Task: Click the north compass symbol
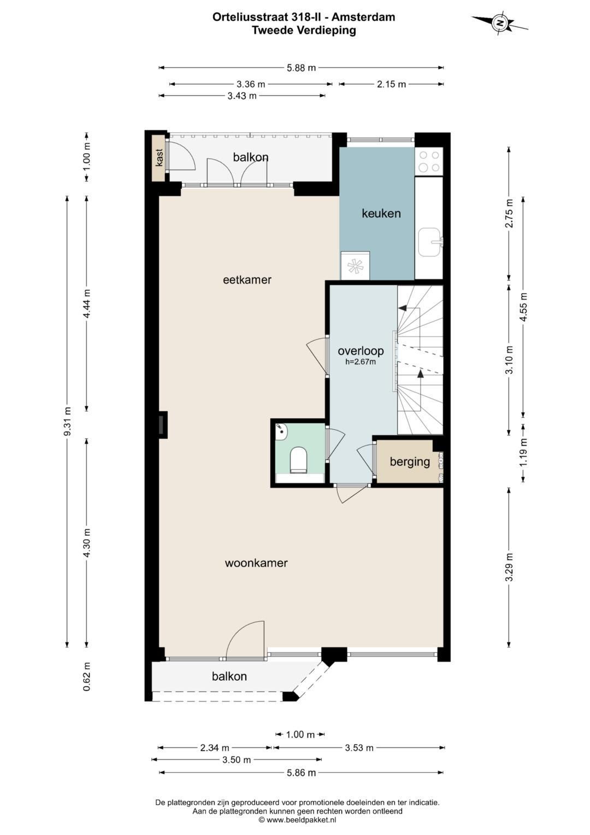(x=499, y=23)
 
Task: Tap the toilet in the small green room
(x=298, y=459)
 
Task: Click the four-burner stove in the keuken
(x=429, y=161)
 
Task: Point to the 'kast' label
(x=160, y=157)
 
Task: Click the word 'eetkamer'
(x=247, y=279)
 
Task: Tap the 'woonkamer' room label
(x=256, y=563)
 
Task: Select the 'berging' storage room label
(x=410, y=462)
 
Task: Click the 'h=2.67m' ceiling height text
(x=361, y=361)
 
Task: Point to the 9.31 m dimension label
(x=67, y=422)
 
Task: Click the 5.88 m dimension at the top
(x=302, y=68)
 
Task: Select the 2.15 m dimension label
(x=391, y=84)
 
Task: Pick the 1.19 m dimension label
(x=524, y=452)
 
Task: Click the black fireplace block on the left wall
(x=163, y=424)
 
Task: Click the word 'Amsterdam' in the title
(x=363, y=17)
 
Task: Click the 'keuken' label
(x=381, y=213)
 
